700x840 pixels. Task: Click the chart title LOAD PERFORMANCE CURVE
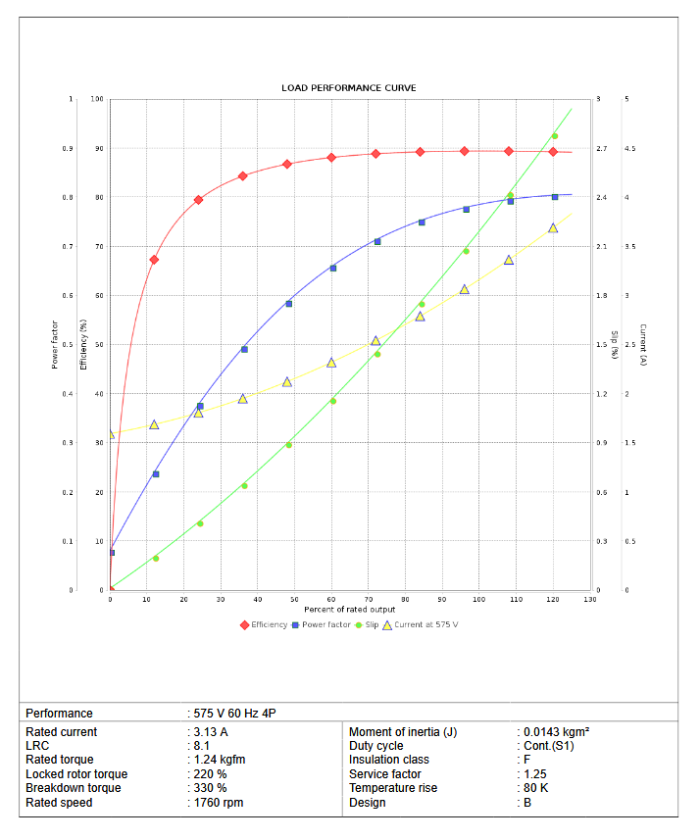pos(348,88)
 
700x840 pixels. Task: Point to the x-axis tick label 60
pos(331,599)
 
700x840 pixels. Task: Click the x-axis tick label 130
pos(589,599)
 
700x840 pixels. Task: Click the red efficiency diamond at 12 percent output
pos(154,260)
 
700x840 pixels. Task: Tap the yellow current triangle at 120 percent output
pos(553,228)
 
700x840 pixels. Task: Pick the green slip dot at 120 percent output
pos(555,136)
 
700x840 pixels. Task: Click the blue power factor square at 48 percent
pos(288,304)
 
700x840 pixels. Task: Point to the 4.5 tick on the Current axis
pos(630,149)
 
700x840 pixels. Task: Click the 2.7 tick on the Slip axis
pos(601,149)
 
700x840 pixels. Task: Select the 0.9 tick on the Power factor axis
pos(68,149)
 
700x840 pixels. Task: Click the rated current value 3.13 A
pos(210,732)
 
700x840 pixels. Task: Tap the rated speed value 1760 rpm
pos(218,803)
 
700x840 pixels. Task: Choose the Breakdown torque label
pos(74,788)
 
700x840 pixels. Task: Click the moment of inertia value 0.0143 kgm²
pos(555,732)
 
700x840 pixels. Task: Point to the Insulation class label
pos(389,760)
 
